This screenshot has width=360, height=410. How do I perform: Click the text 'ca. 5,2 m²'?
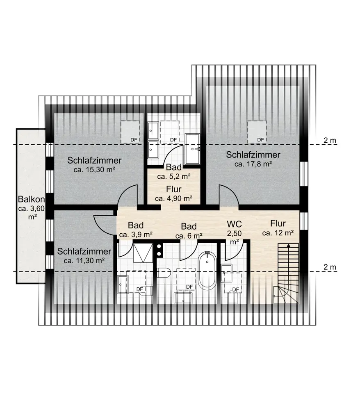coord(174,177)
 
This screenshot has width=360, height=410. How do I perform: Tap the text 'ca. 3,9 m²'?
coord(135,235)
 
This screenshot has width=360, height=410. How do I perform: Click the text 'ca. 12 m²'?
coord(278,233)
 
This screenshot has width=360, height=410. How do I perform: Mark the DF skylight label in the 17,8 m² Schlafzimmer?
coord(260,140)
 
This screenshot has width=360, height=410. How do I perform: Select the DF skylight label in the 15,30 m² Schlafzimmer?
coord(133,140)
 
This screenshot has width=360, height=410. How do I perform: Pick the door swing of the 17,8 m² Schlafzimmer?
coord(228,194)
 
